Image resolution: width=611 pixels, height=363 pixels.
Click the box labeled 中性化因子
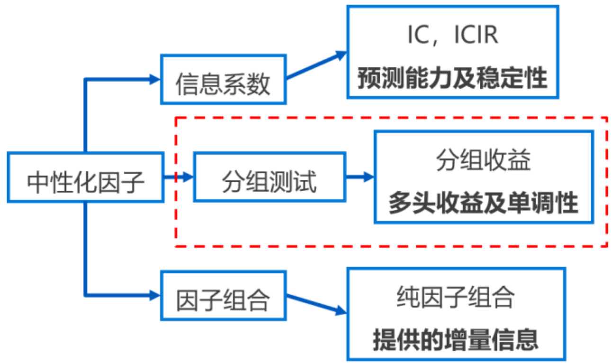tap(86, 177)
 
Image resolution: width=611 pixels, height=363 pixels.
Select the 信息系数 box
tap(223, 79)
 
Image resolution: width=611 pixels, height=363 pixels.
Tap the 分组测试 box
tap(270, 177)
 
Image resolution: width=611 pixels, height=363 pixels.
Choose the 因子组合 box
tap(223, 295)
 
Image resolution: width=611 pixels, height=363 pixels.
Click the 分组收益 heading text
tap(483, 161)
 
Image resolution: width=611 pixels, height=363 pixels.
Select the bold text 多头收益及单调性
tap(483, 203)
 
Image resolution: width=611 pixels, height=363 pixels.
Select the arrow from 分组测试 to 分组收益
tap(359, 177)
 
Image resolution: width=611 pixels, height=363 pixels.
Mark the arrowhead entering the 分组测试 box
tap(189, 177)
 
